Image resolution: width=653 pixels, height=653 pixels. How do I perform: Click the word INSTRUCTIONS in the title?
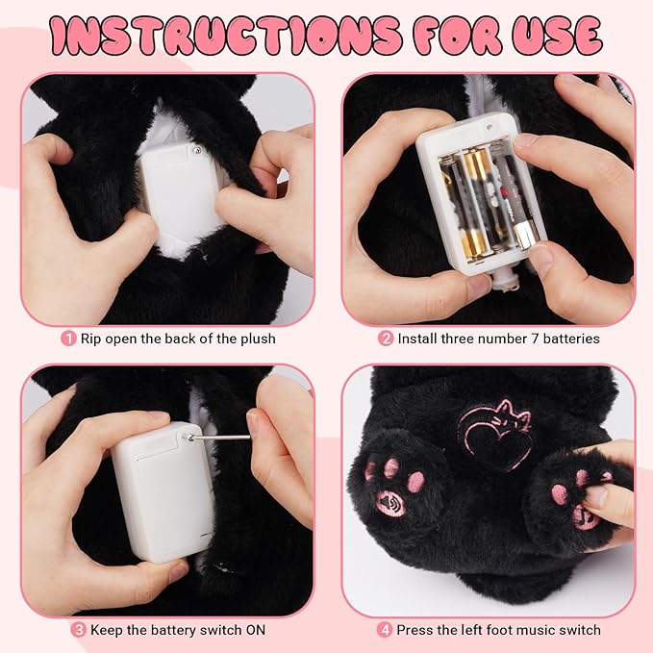pos(225,37)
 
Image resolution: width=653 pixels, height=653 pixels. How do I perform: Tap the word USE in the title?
pos(558,36)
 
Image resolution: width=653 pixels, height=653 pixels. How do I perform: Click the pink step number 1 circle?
pos(68,339)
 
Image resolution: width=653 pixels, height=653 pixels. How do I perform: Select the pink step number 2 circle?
pos(386,339)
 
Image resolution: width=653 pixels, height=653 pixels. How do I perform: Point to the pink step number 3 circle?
pos(78,630)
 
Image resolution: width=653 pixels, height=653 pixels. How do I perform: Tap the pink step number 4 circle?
pos(385,630)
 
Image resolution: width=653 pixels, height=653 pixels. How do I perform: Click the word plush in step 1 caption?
pos(258,339)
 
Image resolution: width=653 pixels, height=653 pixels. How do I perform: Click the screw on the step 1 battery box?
pos(196,149)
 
